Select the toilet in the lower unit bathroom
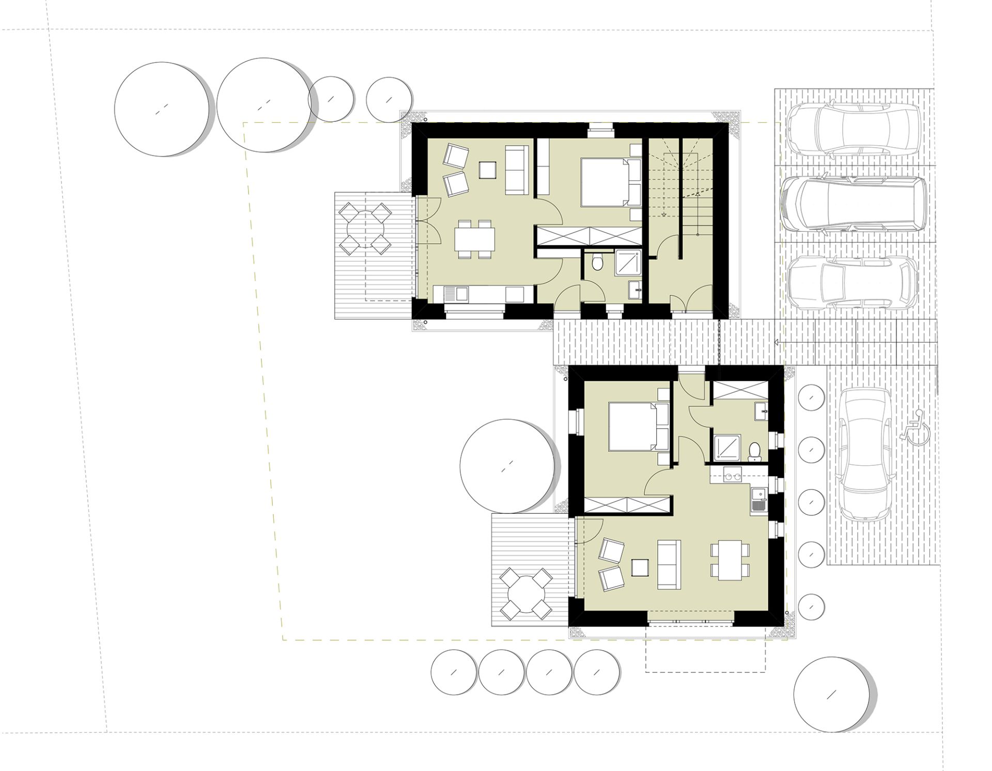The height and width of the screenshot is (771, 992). (754, 451)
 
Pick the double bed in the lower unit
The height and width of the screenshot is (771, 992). (639, 427)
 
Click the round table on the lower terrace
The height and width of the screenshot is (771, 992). (526, 593)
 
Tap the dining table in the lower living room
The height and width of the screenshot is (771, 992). (730, 560)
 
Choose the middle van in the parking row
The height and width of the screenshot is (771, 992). (853, 204)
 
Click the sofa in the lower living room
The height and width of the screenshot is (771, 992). (669, 564)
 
